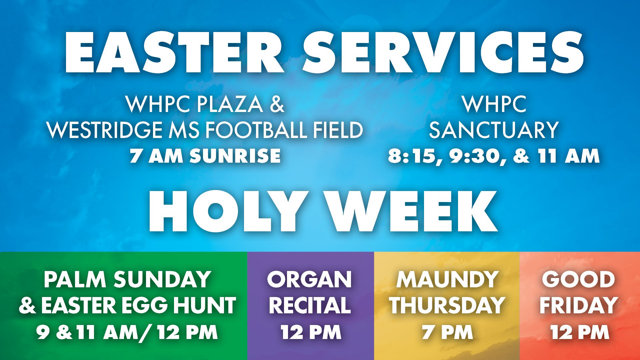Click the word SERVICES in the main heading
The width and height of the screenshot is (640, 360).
443,52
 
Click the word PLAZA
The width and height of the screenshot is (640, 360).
230,104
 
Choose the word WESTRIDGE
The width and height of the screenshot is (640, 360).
105,130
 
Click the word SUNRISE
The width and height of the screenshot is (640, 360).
235,156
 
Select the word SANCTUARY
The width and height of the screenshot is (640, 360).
494,130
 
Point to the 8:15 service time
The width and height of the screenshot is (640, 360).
412,156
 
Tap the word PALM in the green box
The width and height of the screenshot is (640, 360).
75,279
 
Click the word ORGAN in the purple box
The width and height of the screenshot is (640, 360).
309,279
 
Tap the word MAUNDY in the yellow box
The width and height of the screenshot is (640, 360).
447,279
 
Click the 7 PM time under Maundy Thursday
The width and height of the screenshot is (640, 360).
447,332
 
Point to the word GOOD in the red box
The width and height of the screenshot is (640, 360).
578,279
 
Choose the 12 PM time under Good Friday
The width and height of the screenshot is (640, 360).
579,332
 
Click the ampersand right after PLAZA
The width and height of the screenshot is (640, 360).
277,104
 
